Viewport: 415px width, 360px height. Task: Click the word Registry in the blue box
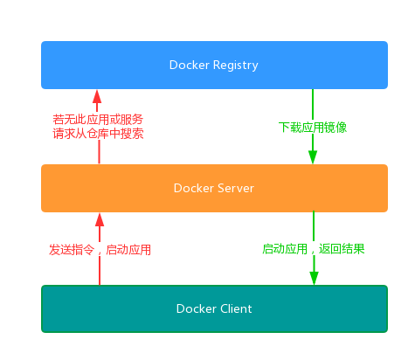point(234,65)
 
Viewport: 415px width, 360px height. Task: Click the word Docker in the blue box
point(190,65)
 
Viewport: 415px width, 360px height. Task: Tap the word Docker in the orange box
point(194,187)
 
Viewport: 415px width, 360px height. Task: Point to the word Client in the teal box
point(234,308)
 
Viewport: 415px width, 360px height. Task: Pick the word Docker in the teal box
point(196,308)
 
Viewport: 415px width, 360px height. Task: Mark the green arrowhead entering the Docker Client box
point(313,277)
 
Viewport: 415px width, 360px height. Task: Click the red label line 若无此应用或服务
point(98,119)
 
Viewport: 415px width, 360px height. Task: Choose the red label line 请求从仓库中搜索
point(98,134)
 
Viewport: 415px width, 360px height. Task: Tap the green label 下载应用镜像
point(313,128)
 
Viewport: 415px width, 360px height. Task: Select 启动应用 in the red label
point(128,249)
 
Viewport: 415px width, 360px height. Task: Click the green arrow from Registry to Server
point(313,105)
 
